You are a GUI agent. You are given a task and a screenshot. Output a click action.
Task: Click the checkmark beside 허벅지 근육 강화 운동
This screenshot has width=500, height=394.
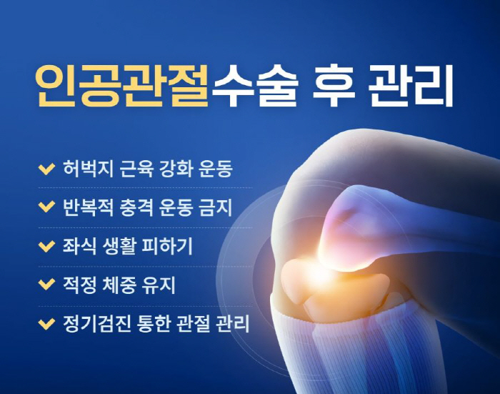pyautogui.click(x=46, y=169)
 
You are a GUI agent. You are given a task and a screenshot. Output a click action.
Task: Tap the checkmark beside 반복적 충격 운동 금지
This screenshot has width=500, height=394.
pyautogui.click(x=46, y=208)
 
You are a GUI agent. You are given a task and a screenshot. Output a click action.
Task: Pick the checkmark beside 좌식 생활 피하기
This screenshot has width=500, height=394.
pyautogui.click(x=46, y=247)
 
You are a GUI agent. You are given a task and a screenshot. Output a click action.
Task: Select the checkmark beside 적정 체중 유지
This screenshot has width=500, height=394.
pyautogui.click(x=46, y=285)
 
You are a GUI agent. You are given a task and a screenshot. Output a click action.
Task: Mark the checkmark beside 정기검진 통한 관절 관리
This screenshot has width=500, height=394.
pyautogui.click(x=46, y=324)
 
